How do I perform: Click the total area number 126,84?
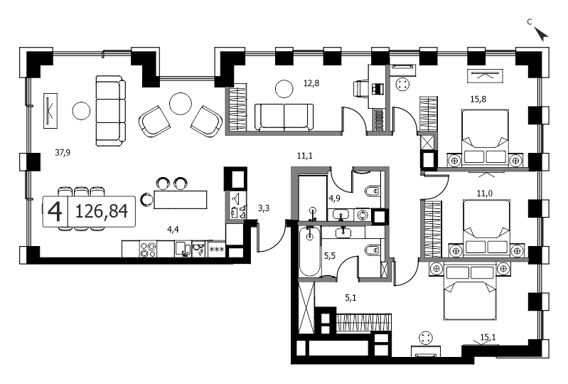(x=102, y=210)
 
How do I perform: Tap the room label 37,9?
(x=63, y=152)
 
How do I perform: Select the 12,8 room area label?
(x=311, y=83)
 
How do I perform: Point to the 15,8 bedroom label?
(x=478, y=99)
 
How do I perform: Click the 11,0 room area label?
(x=484, y=193)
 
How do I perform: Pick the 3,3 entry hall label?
(x=264, y=208)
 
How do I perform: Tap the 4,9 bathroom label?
(x=334, y=198)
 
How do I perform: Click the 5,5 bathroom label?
(x=330, y=256)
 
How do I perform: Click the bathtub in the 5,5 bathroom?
(x=310, y=252)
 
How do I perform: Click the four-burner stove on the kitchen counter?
(x=148, y=249)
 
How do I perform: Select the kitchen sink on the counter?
(x=183, y=249)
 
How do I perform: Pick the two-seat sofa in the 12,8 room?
(x=284, y=117)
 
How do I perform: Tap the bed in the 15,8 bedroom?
(x=486, y=138)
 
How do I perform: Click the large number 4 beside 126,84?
(x=55, y=211)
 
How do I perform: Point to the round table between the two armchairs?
(x=181, y=104)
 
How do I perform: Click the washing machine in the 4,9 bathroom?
(x=362, y=215)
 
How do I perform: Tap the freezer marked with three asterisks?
(x=217, y=249)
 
